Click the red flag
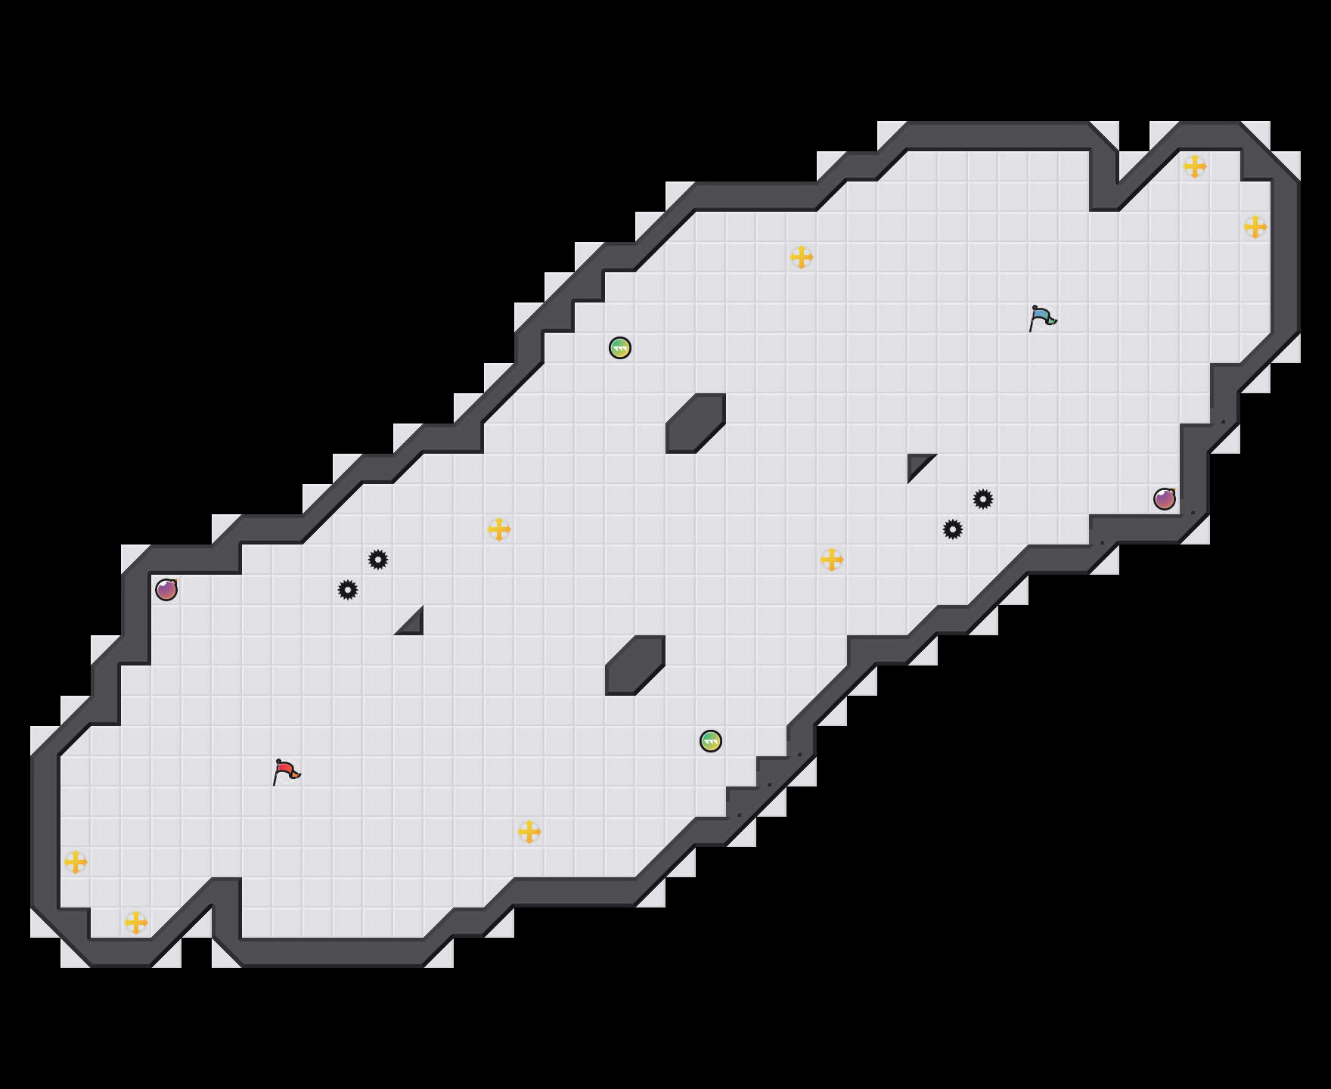[x=286, y=771]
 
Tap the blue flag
[x=1042, y=318]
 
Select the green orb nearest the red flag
[x=711, y=741]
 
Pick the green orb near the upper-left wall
[x=620, y=348]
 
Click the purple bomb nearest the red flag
[x=166, y=590]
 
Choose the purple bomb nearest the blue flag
[x=1165, y=499]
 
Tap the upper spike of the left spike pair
[x=378, y=560]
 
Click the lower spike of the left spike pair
[x=348, y=590]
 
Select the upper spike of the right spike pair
[x=983, y=499]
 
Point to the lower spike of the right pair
[x=953, y=529]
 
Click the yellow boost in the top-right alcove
[x=1195, y=166]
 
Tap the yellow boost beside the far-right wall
[x=1255, y=227]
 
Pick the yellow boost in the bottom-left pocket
[x=136, y=923]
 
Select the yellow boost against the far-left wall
[x=76, y=862]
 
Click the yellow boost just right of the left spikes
[x=499, y=529]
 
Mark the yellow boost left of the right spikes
[x=832, y=560]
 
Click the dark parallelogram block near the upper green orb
[x=696, y=423]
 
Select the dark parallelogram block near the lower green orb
[x=635, y=665]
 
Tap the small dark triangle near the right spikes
[x=917, y=463]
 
